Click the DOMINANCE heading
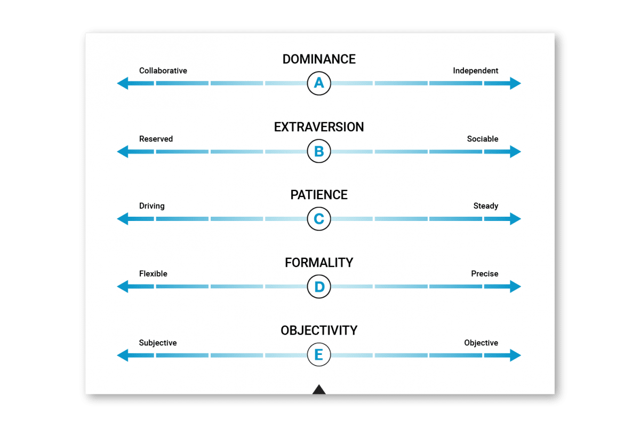click(319, 59)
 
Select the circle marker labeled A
click(319, 83)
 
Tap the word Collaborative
click(163, 70)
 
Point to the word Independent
click(475, 70)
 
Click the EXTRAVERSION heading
click(319, 127)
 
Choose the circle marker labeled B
click(319, 152)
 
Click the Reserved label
click(156, 139)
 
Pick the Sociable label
click(482, 139)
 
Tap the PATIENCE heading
click(319, 195)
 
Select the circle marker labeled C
click(319, 219)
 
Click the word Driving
click(151, 206)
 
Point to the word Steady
click(485, 206)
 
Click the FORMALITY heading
click(319, 263)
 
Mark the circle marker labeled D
click(319, 287)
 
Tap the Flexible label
click(153, 274)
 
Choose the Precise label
click(484, 274)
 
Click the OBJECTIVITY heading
click(319, 330)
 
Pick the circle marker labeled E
click(319, 355)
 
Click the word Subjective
click(157, 343)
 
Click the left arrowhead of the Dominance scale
click(123, 83)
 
